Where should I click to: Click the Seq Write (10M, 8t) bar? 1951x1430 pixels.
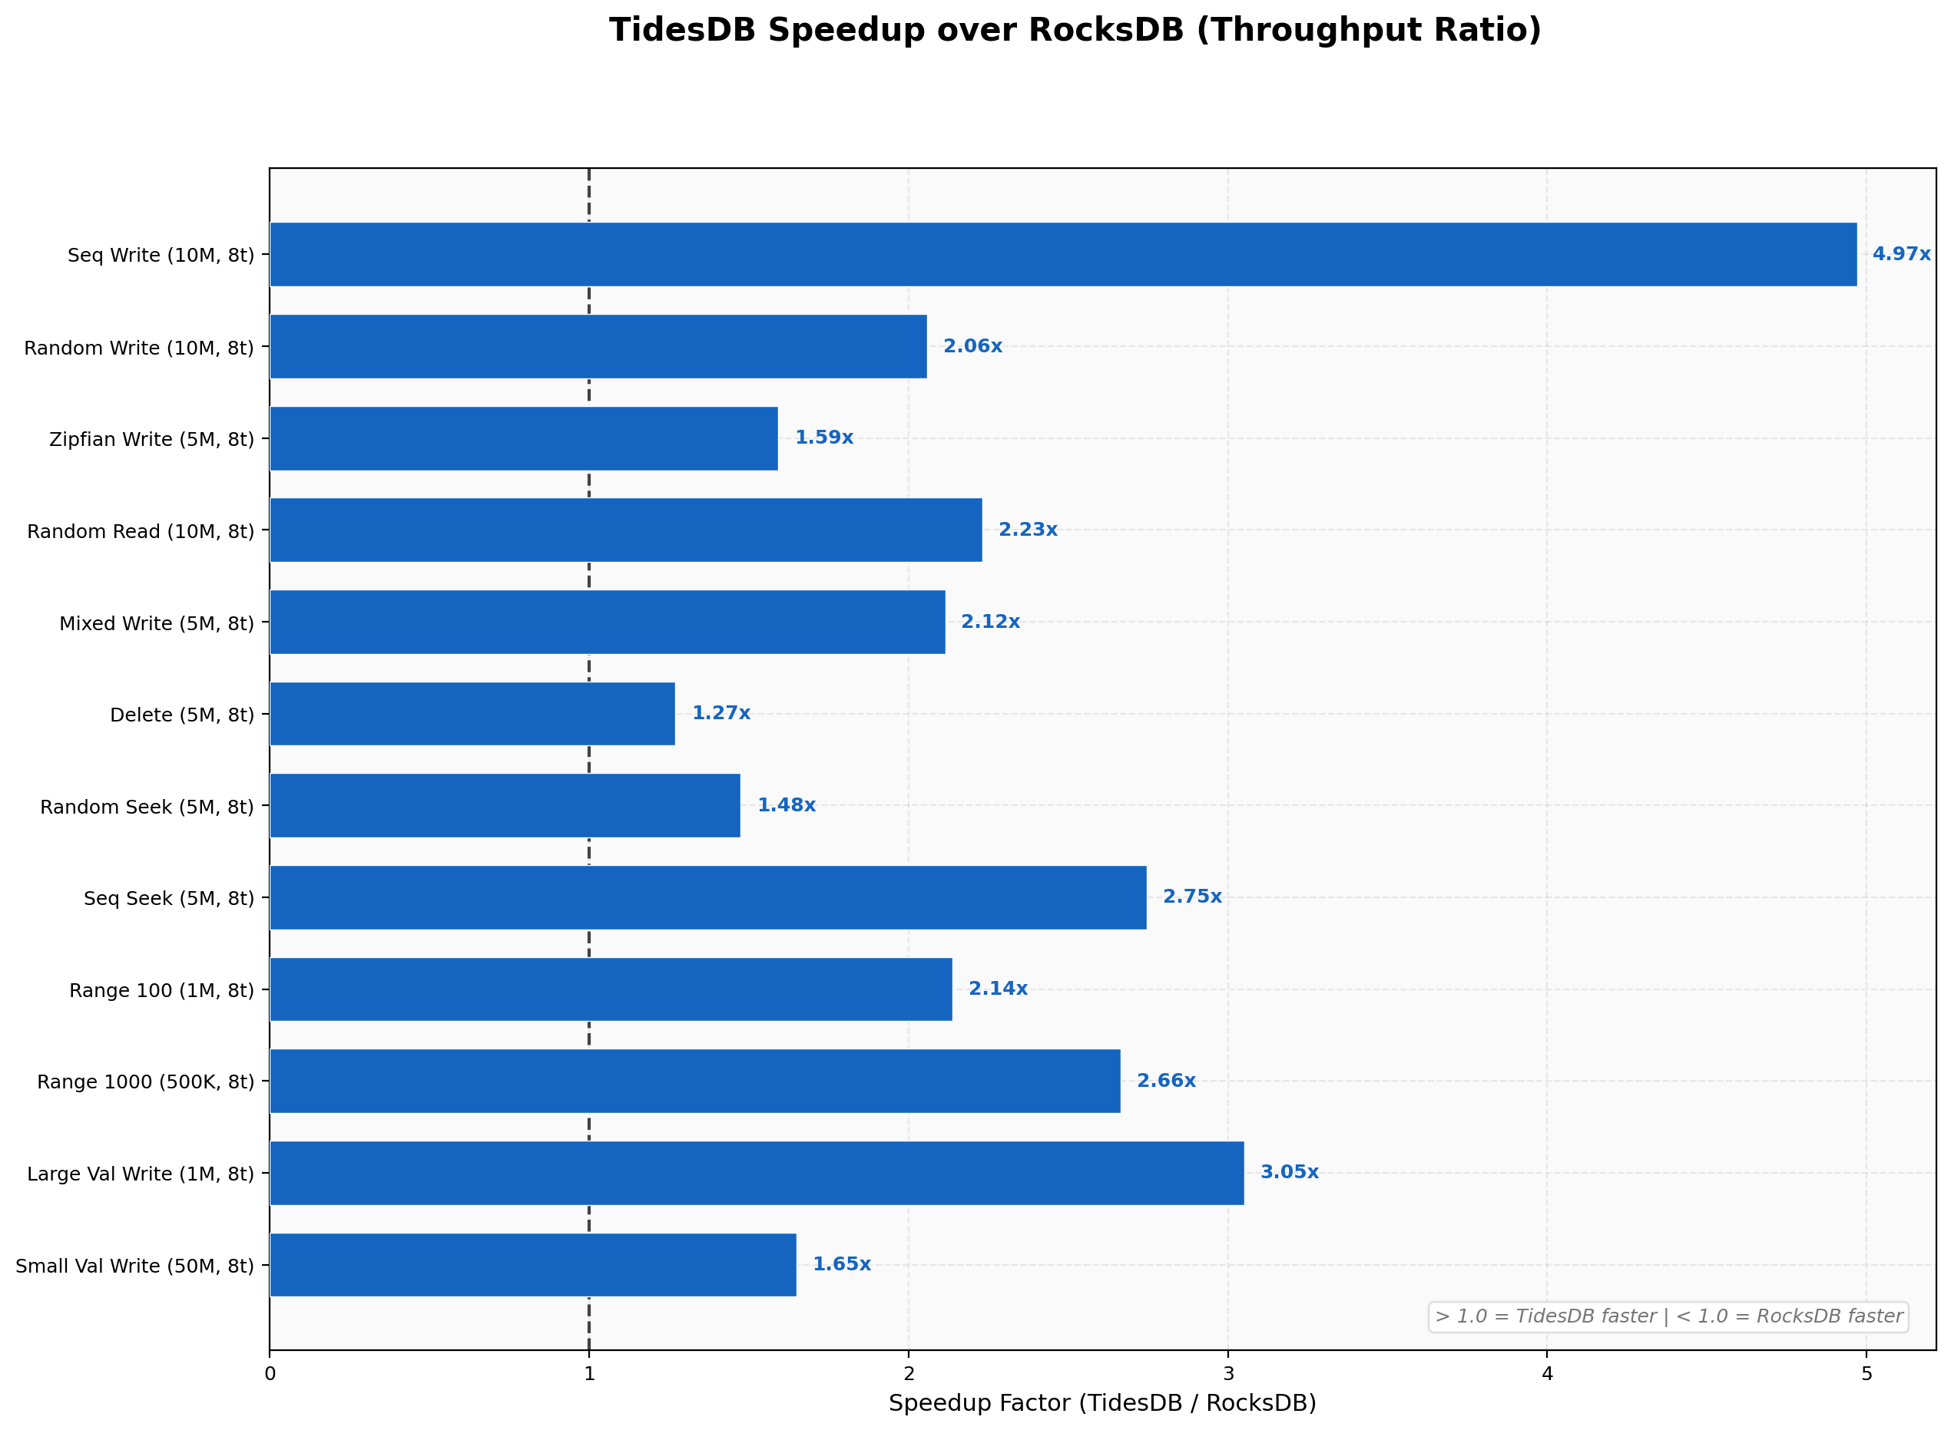(x=1062, y=255)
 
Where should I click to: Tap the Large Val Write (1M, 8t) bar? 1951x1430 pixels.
(x=756, y=1173)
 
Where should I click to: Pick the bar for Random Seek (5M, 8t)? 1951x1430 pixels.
(x=505, y=806)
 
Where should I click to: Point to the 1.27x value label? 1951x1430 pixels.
(x=720, y=713)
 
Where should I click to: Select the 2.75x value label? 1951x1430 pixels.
(x=1191, y=897)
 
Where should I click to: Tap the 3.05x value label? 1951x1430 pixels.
(x=1289, y=1172)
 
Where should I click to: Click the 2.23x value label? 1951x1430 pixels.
(x=1028, y=530)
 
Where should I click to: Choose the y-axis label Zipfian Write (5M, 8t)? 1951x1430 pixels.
(x=151, y=440)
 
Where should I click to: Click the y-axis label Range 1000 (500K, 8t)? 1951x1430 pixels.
(x=145, y=1082)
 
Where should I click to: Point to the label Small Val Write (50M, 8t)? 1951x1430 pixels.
(x=135, y=1267)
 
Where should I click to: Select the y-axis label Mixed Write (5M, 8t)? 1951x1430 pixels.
(x=157, y=623)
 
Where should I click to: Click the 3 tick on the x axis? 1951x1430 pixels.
(x=1227, y=1374)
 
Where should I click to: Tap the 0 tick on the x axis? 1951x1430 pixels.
(x=270, y=1374)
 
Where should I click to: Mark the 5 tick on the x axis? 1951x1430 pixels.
(x=1867, y=1374)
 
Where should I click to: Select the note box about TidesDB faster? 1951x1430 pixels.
(x=1668, y=1316)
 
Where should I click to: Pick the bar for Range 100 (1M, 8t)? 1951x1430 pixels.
(x=611, y=989)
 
